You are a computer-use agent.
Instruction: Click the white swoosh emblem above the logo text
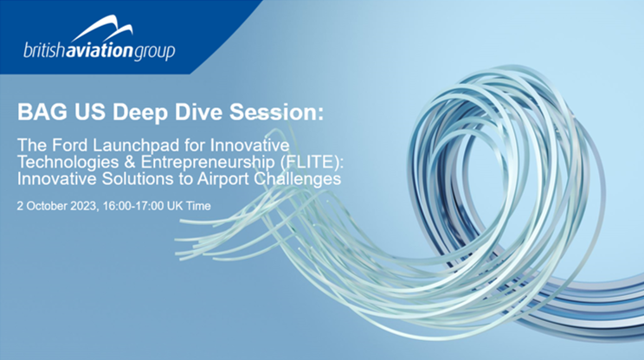click(103, 28)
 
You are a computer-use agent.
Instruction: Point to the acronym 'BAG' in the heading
click(42, 112)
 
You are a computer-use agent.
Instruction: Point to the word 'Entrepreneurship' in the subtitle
click(208, 163)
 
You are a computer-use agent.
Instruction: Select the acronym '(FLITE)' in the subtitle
click(309, 163)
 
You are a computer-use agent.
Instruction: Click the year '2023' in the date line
click(83, 206)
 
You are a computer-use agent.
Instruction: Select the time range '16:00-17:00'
click(133, 206)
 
